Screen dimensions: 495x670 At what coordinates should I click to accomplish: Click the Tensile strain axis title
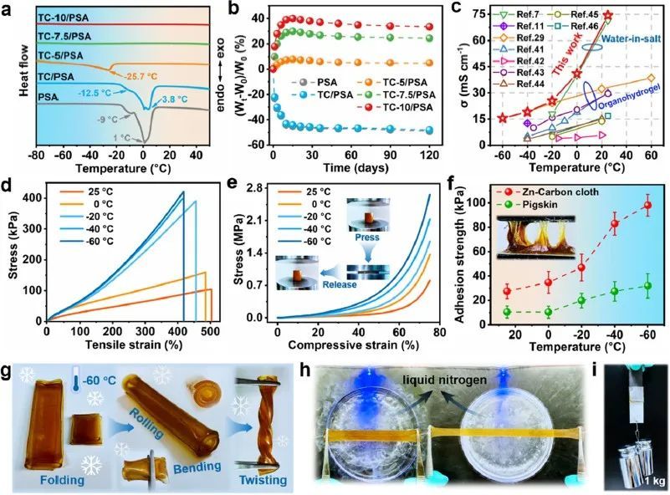coord(125,344)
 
